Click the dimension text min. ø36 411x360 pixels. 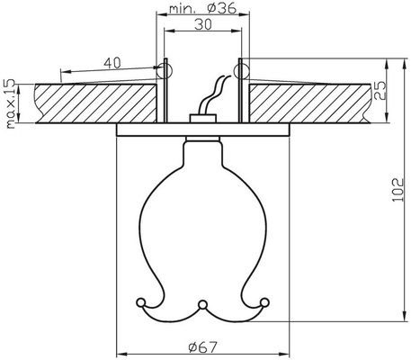202,11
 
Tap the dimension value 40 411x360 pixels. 111,62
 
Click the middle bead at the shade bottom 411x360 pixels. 203,302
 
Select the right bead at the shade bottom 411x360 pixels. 266,301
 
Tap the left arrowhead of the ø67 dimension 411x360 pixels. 121,352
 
